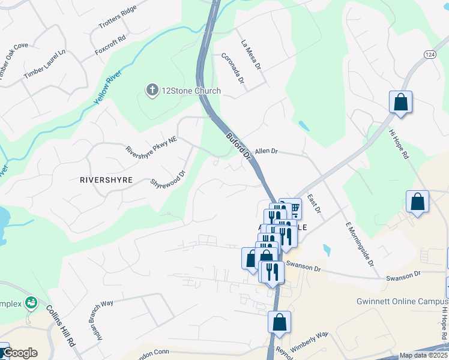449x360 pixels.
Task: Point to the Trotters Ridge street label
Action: click(118, 17)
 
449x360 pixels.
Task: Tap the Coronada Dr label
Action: click(233, 68)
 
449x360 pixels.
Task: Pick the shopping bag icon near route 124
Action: click(400, 103)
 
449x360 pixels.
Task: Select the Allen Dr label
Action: click(267, 152)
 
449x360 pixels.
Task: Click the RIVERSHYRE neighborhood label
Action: click(106, 179)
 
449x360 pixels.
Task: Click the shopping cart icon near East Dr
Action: click(294, 208)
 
